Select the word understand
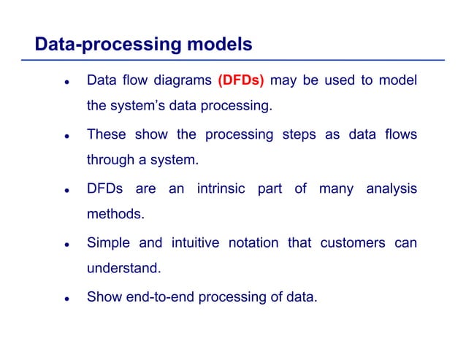click(123, 268)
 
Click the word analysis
click(391, 189)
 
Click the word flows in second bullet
click(400, 135)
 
